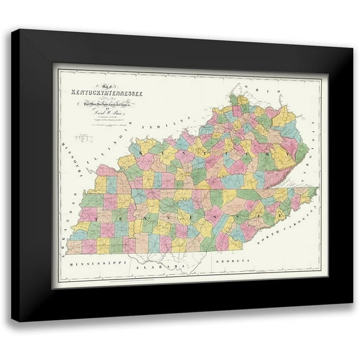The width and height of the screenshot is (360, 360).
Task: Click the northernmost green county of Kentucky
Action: pos(234,99)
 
